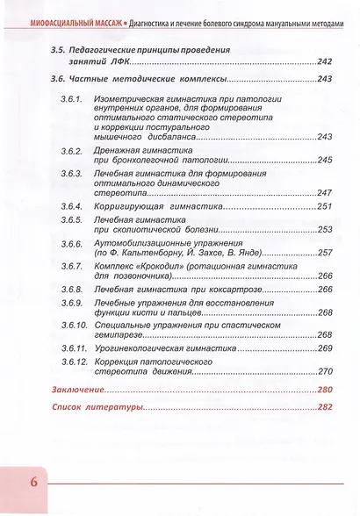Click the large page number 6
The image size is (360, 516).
click(x=32, y=482)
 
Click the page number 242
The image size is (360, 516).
click(x=326, y=63)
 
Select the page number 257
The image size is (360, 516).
click(x=326, y=252)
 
